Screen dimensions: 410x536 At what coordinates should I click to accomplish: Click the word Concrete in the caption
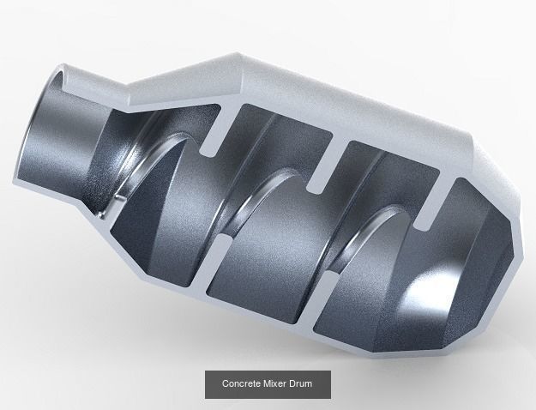[x=243, y=385]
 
